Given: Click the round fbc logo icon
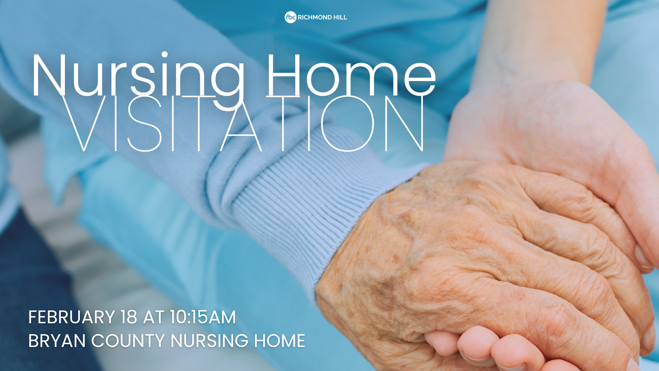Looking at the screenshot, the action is (x=290, y=17).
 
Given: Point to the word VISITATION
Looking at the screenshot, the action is (x=243, y=123).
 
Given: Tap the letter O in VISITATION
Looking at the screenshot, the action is (x=347, y=123).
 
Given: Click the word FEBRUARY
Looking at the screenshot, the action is (x=72, y=317).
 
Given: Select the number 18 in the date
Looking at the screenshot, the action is (x=129, y=317).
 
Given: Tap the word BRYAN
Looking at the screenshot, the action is (x=57, y=341).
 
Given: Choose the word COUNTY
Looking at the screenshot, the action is (x=128, y=341).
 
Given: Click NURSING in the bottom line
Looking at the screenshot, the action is (x=209, y=341).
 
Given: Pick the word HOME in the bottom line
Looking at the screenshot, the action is (x=279, y=341).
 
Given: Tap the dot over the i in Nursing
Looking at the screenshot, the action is (x=165, y=54).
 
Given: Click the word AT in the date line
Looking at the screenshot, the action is (x=153, y=317).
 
